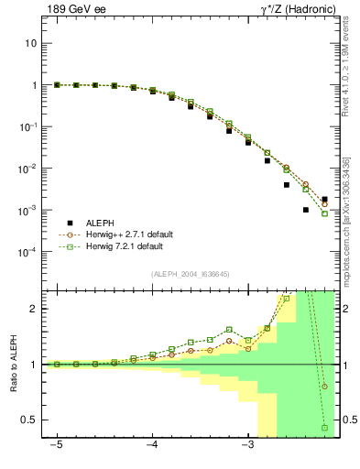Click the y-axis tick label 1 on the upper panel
click(x=34, y=85)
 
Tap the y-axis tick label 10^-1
click(x=29, y=126)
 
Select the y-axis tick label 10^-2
click(x=29, y=169)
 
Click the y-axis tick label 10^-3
click(x=29, y=210)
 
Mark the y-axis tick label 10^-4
click(x=29, y=252)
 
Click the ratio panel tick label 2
click(x=34, y=309)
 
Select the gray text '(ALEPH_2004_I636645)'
click(x=191, y=274)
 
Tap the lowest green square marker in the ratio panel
click(x=324, y=428)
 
